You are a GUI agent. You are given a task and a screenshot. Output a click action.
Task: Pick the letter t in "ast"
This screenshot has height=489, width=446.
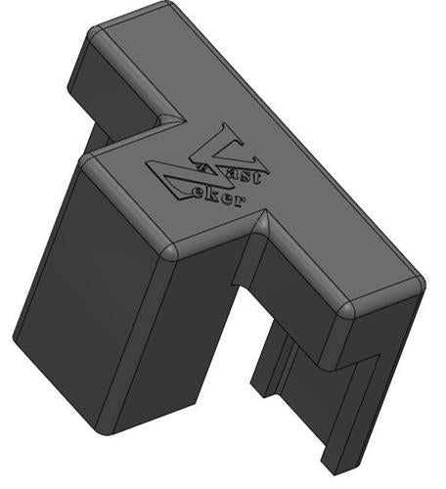(264, 176)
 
